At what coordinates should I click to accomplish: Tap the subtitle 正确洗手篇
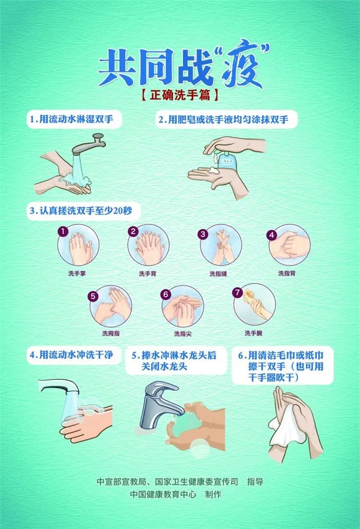(180, 95)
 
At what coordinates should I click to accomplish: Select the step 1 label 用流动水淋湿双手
(75, 119)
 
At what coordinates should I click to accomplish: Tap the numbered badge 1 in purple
(63, 232)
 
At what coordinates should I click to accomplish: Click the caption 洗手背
(148, 273)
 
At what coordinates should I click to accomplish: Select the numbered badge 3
(203, 234)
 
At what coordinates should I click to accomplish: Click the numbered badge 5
(93, 296)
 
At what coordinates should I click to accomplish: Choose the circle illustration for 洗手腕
(254, 305)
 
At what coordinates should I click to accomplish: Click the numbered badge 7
(237, 292)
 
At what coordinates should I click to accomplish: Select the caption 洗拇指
(111, 334)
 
